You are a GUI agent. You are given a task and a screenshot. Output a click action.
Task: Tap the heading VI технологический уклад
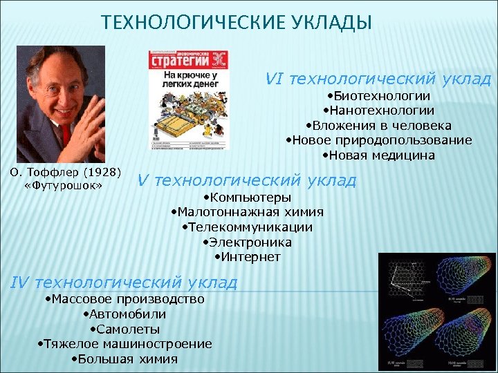point(378,79)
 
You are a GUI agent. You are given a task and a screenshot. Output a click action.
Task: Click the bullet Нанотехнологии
point(378,110)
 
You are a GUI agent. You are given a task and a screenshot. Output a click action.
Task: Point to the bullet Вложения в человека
point(378,125)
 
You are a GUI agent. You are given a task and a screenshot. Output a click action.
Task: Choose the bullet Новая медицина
point(378,155)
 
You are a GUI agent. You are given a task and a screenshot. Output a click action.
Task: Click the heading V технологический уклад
point(247,180)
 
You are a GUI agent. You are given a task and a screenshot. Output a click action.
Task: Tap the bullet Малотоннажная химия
point(247,212)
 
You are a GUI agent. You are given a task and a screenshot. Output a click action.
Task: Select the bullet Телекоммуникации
point(247,227)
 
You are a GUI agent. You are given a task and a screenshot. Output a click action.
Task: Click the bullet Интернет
point(247,257)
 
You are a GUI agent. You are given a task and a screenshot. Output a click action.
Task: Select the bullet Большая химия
point(124,358)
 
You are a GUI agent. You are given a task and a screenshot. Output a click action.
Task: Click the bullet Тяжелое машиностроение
point(124,343)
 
